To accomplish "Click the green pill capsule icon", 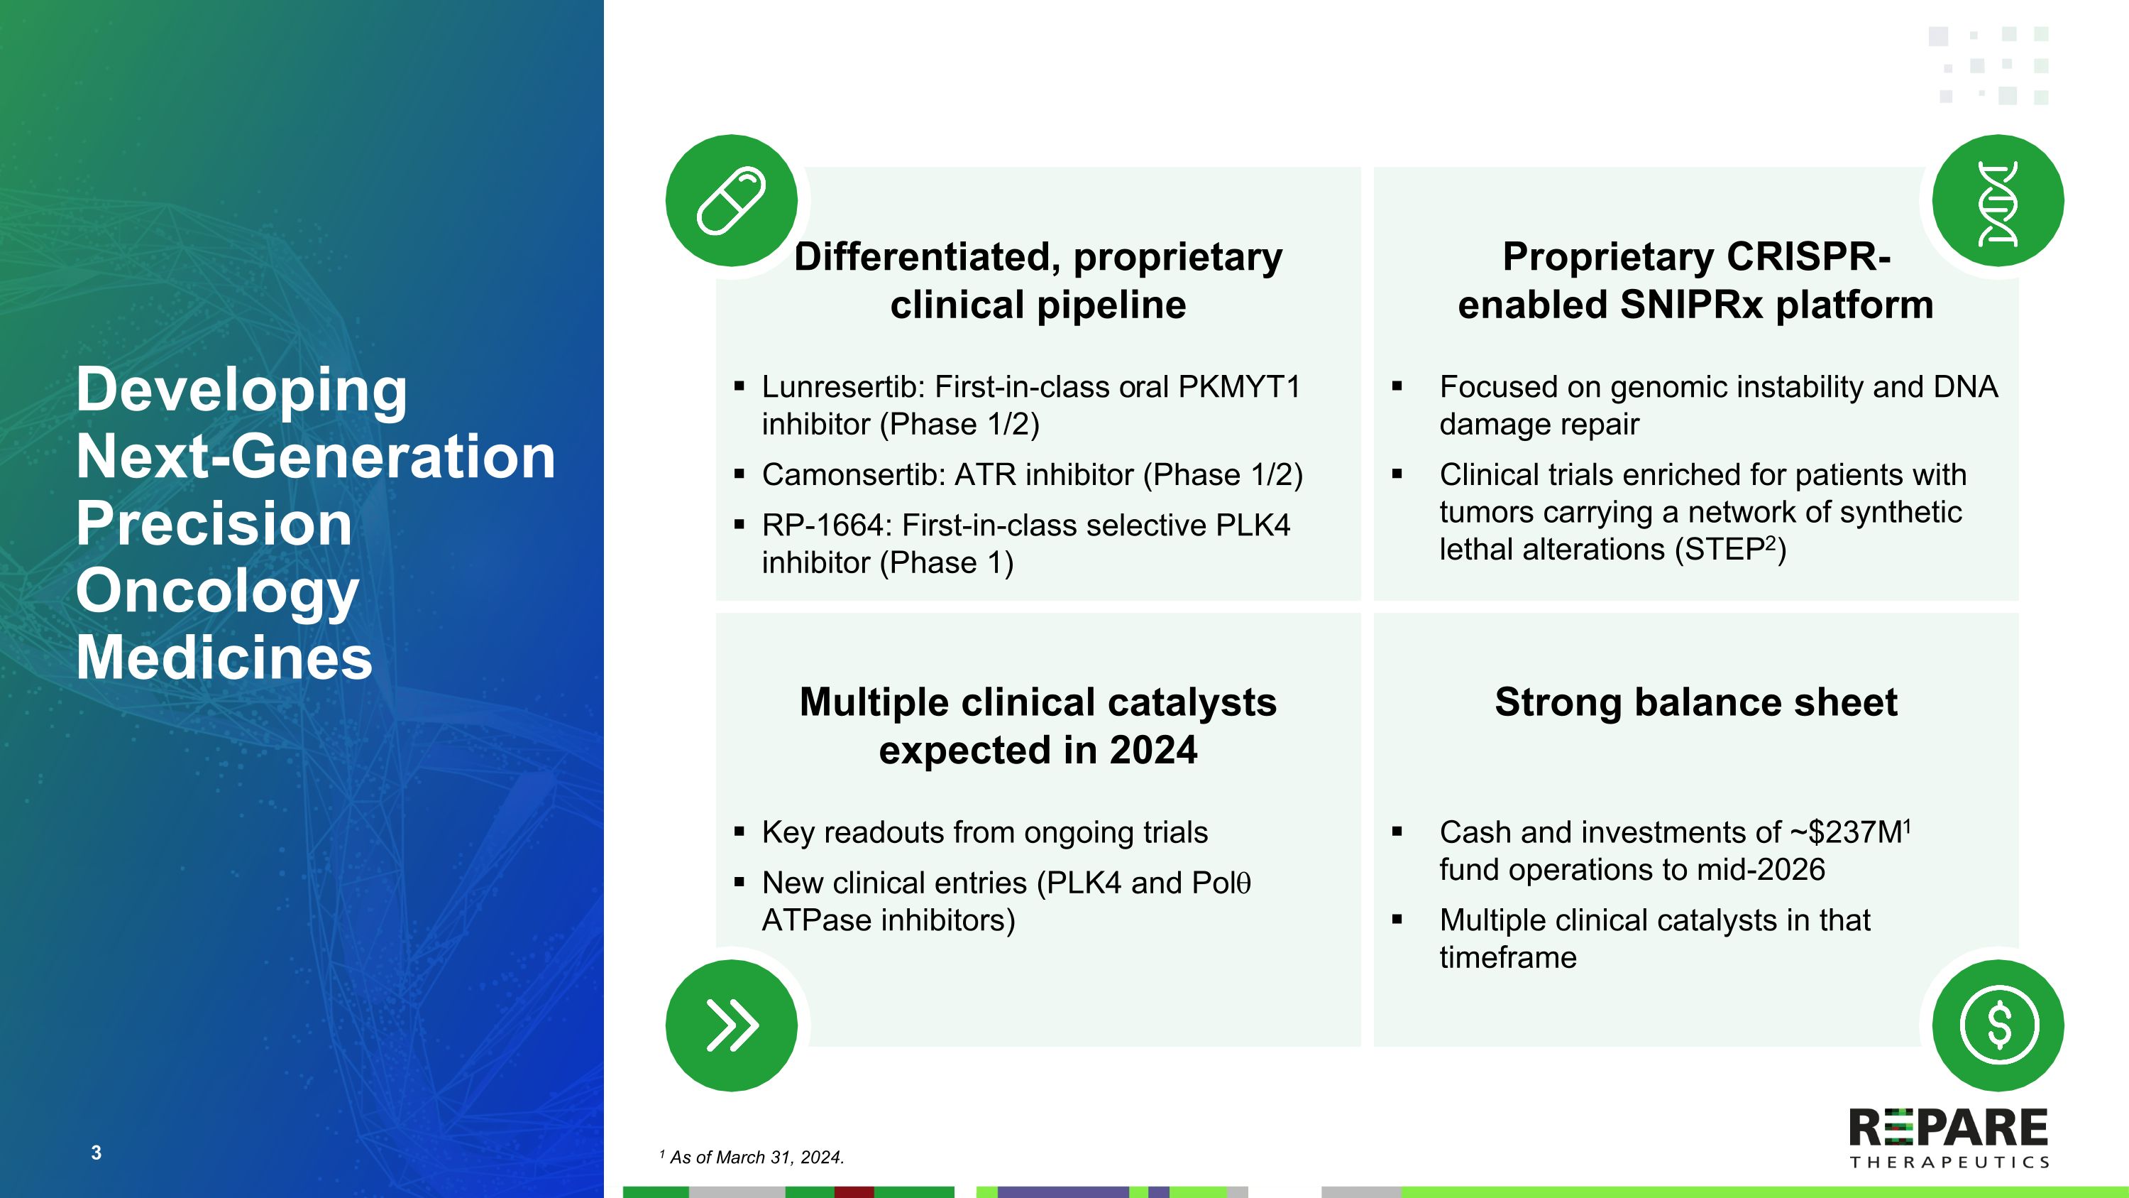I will pos(731,201).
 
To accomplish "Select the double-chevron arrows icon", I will pos(731,1025).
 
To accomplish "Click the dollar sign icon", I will pos(1998,1025).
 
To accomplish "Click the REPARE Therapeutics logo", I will pos(1948,1138).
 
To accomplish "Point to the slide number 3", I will pos(96,1153).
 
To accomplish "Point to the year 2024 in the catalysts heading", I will pos(1153,751).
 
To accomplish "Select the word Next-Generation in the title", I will pos(316,457).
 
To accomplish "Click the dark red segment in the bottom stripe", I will pos(854,1192).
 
